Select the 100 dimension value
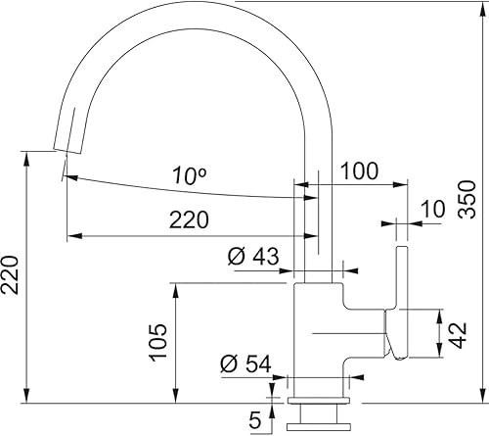tap(359, 170)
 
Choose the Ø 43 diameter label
tap(253, 258)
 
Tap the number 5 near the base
tap(255, 420)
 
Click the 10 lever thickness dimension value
tap(433, 209)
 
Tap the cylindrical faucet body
tap(319, 338)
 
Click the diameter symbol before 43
tap(236, 258)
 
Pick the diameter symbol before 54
tap(229, 363)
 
